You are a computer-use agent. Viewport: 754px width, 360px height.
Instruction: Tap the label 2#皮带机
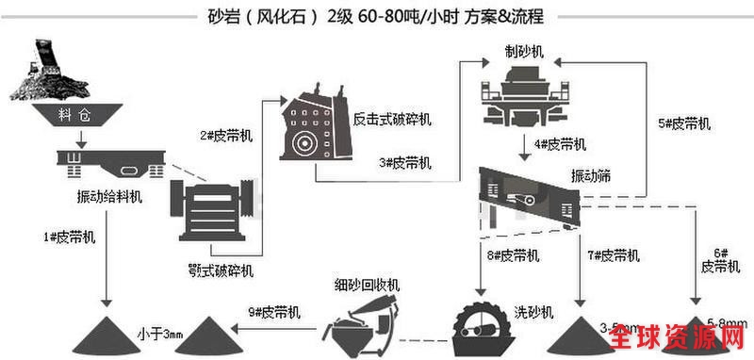pos(225,135)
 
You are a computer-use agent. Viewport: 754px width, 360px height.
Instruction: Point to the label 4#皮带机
pos(560,143)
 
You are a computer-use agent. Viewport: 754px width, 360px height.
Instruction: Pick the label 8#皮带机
pos(513,254)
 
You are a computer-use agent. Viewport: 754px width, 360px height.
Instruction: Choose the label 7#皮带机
pos(613,254)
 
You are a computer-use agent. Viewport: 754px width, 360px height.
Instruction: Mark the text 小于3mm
pos(159,333)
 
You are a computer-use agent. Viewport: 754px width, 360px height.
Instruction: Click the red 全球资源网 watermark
pos(692,340)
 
